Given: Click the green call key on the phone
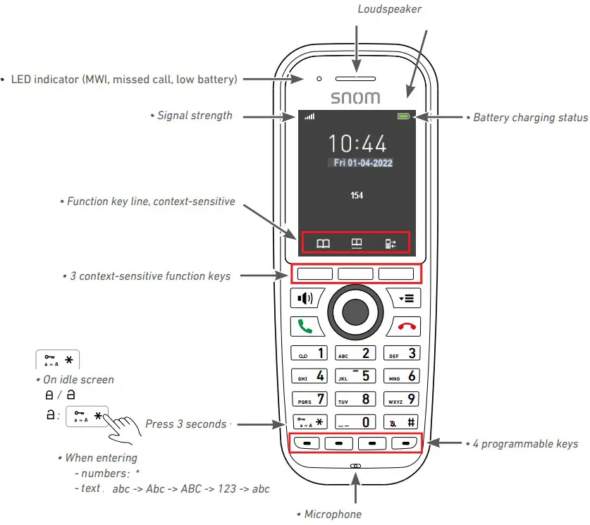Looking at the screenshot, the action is (306, 326).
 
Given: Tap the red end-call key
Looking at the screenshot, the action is (407, 326).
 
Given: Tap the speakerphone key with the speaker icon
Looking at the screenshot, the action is (306, 298).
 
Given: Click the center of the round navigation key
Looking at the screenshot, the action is (357, 311).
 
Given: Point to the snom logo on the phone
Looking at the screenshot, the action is (356, 98).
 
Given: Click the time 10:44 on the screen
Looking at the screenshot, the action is (358, 144).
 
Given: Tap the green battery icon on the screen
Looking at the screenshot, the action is (403, 116).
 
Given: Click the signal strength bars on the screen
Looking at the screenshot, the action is (309, 116).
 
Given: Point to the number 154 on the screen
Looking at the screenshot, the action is (357, 195).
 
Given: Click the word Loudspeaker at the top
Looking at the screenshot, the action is (390, 9).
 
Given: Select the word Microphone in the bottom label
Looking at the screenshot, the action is (333, 514).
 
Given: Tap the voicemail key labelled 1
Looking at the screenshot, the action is (310, 353).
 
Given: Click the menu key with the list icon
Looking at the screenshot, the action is (407, 298).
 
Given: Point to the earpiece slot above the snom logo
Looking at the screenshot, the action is (356, 78).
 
